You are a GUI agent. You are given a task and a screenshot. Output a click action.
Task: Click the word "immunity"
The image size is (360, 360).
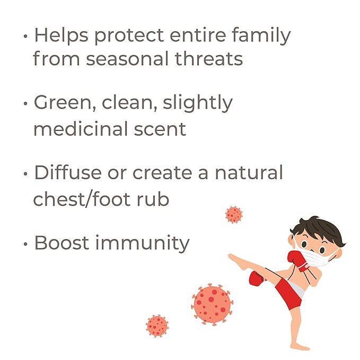(x=142, y=243)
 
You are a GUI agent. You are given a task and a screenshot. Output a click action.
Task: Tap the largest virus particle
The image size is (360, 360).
(x=212, y=304)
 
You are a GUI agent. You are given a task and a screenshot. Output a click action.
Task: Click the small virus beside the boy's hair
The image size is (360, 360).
(x=233, y=215)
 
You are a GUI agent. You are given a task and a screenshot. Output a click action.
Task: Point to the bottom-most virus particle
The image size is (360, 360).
(x=157, y=326)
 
